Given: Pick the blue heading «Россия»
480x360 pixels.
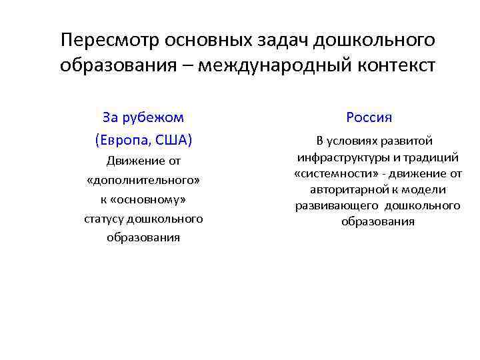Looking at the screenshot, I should coord(369,117).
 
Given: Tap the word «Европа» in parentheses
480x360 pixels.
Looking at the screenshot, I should coord(122,140).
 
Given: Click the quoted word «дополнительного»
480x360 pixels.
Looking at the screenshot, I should coord(143,180).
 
